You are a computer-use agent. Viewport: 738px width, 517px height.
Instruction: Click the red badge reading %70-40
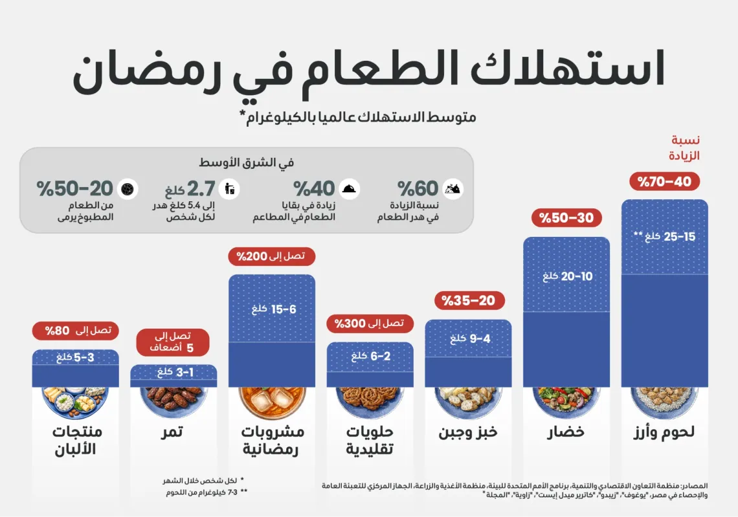pos(664,182)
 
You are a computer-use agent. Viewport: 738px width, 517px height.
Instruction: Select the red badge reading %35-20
pos(468,300)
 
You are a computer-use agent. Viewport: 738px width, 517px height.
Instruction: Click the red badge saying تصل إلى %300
pos(370,323)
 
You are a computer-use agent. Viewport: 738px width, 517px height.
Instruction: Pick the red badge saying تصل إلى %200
pos(271,256)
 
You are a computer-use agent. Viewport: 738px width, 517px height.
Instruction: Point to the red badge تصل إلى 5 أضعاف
pos(173,342)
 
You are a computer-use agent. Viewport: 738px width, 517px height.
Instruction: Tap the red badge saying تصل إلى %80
pos(76,331)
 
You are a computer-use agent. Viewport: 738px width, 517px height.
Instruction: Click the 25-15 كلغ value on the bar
pos(664,237)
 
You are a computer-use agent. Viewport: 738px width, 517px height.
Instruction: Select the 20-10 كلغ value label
pos(567,276)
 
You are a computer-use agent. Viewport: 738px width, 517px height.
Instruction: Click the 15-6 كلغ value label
pos(273,309)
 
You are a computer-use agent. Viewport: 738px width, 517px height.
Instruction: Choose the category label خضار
pos(566,432)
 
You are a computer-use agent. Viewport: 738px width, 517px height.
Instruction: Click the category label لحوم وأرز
pos(664,432)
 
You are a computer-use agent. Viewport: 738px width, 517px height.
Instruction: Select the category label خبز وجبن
pos(468,432)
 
